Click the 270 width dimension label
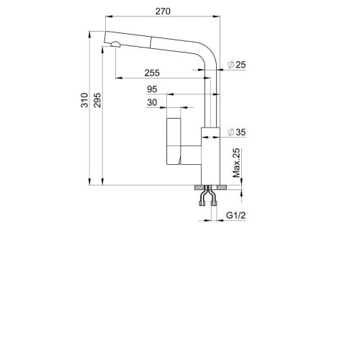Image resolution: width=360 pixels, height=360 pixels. (x=163, y=12)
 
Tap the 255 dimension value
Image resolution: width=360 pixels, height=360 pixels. (x=152, y=73)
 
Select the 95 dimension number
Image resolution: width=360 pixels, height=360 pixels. (x=152, y=89)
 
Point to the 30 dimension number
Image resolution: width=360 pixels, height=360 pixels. (x=152, y=102)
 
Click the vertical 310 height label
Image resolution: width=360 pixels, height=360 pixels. (x=84, y=100)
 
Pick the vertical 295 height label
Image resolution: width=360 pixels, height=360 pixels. (x=97, y=100)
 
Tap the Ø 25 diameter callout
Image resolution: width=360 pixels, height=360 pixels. (x=237, y=65)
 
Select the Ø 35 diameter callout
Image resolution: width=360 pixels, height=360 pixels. (x=237, y=132)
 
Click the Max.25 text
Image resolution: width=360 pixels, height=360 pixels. (x=236, y=163)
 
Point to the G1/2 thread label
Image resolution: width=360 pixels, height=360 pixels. (x=236, y=215)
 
